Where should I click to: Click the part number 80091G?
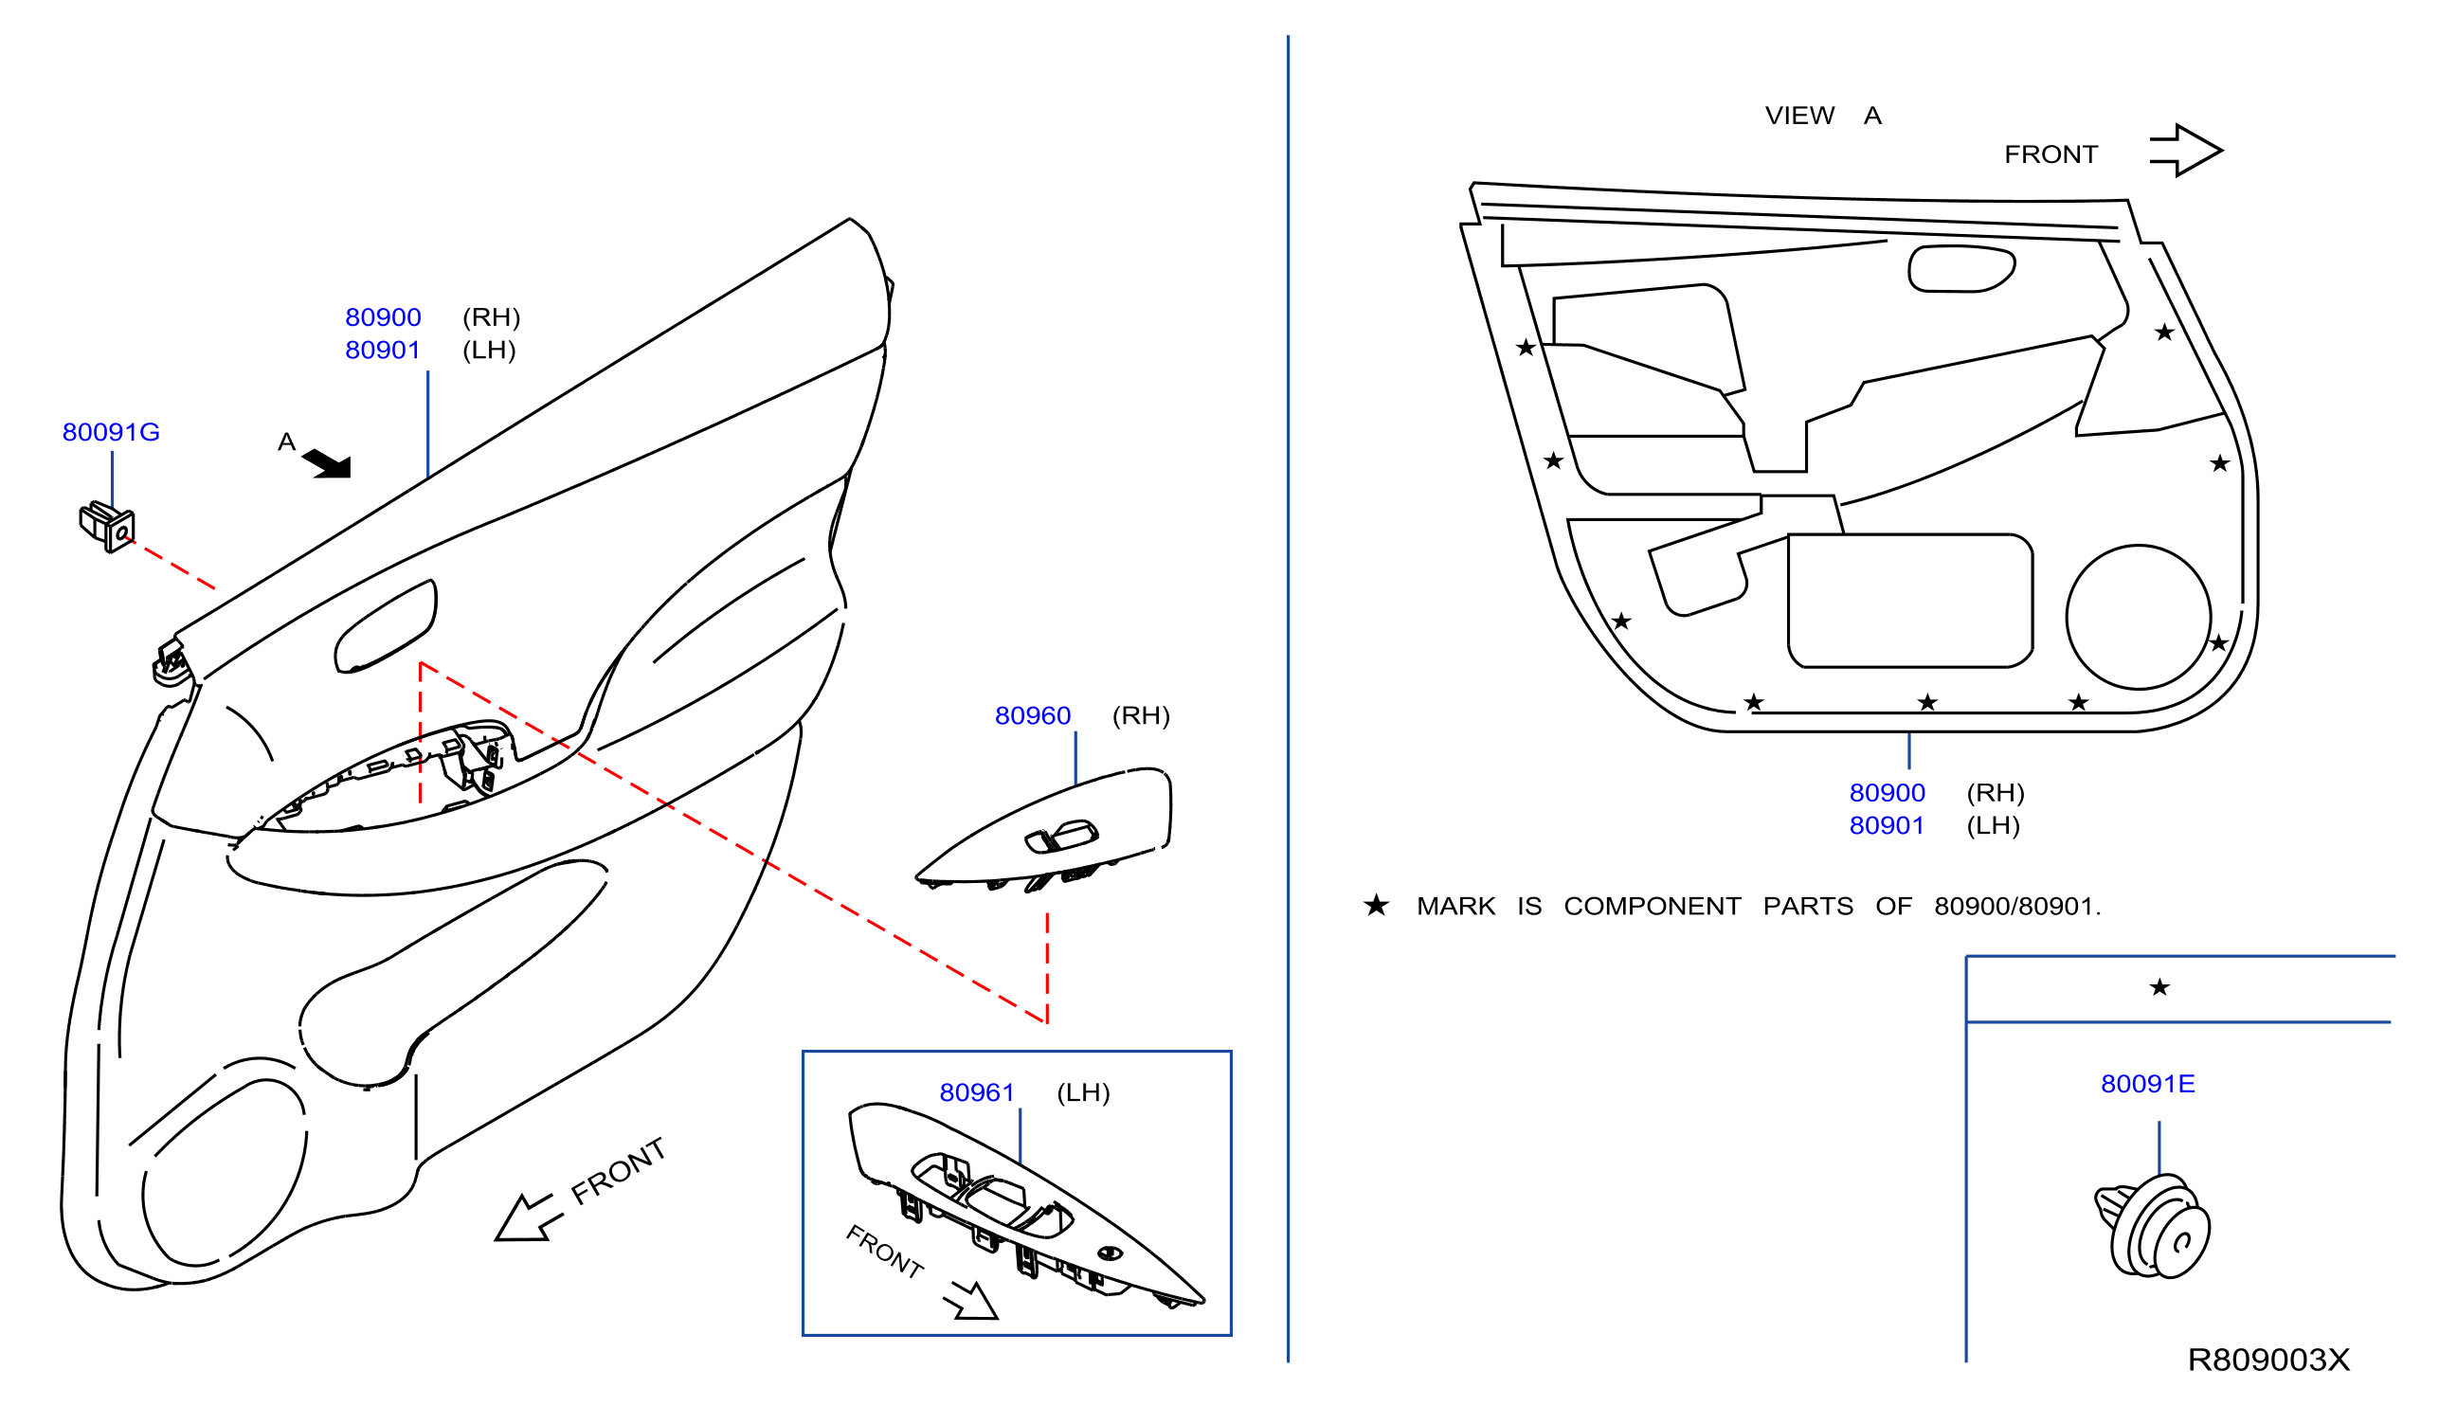tap(111, 432)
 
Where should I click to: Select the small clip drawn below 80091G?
tap(107, 526)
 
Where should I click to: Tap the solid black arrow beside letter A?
tap(328, 464)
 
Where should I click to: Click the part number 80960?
tap(1033, 715)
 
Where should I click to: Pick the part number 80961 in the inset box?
tap(976, 1092)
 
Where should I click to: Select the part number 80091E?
tap(2148, 1084)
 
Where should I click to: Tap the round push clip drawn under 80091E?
tap(2153, 1226)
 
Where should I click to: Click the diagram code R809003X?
tap(2268, 1360)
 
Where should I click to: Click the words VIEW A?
tap(1823, 116)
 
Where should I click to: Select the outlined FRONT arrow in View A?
tap(2187, 151)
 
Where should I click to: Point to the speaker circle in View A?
tap(2140, 617)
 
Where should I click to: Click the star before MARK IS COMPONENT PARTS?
tap(1376, 906)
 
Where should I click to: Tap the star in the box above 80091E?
tap(2160, 987)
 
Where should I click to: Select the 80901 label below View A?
tap(1888, 825)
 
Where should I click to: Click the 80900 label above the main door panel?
tap(384, 316)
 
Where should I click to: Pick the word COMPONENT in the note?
tap(1653, 906)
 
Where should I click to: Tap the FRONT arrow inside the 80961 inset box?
tap(970, 1300)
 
